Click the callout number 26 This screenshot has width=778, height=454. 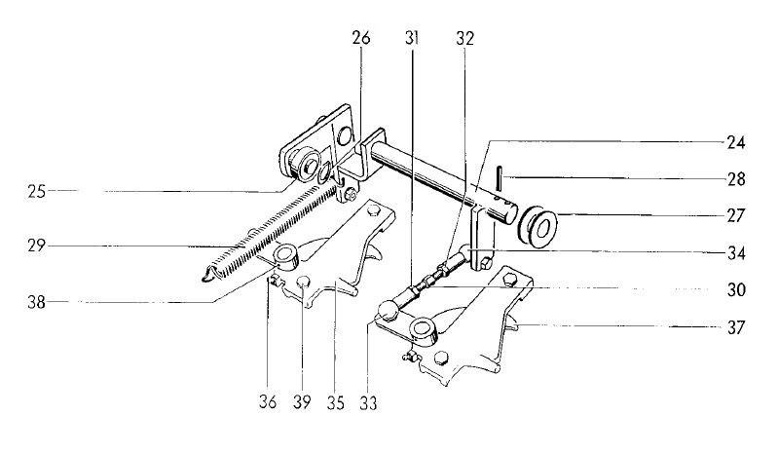[361, 38]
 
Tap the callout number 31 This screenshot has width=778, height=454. [411, 38]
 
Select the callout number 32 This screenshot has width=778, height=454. [465, 38]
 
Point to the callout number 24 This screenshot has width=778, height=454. [736, 143]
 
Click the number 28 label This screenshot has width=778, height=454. [736, 179]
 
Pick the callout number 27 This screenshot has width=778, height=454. [736, 216]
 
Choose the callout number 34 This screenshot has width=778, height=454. [736, 253]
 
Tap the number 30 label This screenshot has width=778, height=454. [736, 289]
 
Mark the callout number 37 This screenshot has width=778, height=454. [736, 328]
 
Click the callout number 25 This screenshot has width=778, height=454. [37, 192]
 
